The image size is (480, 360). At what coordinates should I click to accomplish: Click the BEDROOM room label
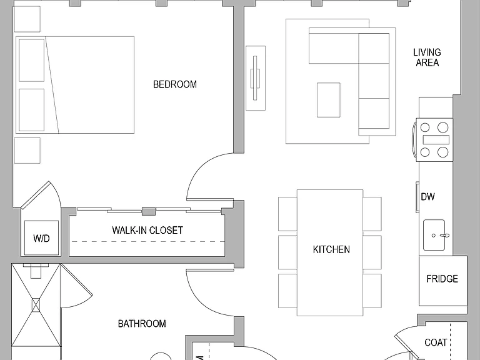pyautogui.click(x=175, y=84)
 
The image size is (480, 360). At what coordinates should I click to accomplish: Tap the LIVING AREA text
pyautogui.click(x=427, y=57)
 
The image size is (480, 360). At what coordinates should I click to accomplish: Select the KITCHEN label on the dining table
pyautogui.click(x=331, y=249)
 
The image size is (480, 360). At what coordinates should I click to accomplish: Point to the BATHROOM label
pyautogui.click(x=142, y=324)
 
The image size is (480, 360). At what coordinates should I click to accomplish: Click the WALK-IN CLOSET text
pyautogui.click(x=147, y=230)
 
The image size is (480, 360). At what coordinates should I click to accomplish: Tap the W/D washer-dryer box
pyautogui.click(x=41, y=237)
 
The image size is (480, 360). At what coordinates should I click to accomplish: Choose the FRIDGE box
pyautogui.click(x=443, y=281)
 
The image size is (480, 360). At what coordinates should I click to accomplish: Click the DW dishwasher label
pyautogui.click(x=427, y=196)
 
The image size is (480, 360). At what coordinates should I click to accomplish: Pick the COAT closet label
pyautogui.click(x=436, y=342)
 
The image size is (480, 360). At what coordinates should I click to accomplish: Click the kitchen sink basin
pyautogui.click(x=434, y=235)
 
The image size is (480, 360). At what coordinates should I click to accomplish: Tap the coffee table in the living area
pyautogui.click(x=329, y=100)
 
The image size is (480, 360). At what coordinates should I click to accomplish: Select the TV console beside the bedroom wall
pyautogui.click(x=256, y=78)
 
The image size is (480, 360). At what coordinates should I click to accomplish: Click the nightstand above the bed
pyautogui.click(x=27, y=19)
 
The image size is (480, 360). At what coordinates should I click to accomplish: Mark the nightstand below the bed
pyautogui.click(x=27, y=150)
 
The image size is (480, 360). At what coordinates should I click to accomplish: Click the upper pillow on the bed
pyautogui.click(x=31, y=60)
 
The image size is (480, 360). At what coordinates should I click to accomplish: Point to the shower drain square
pyautogui.click(x=36, y=305)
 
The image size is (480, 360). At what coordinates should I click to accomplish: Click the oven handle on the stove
pyautogui.click(x=414, y=139)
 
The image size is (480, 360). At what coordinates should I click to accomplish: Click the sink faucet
pyautogui.click(x=444, y=236)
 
